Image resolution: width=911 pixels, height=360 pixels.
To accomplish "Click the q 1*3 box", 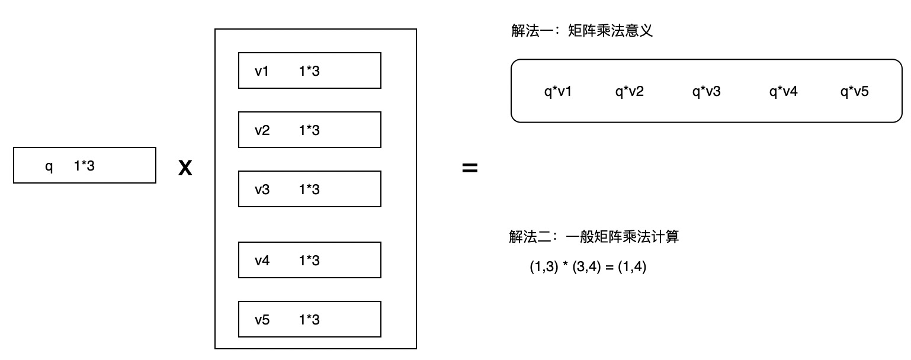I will (85, 166).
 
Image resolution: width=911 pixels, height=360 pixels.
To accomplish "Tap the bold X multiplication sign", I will (185, 169).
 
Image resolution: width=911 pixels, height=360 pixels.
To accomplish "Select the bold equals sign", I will (469, 169).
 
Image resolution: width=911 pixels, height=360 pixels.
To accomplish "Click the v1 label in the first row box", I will (262, 71).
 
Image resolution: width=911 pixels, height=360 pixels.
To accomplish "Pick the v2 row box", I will (309, 130).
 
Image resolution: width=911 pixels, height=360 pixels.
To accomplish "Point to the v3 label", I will (262, 189).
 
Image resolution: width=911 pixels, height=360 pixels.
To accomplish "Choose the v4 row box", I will (309, 260).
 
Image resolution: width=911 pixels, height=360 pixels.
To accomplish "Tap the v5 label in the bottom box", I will (262, 320).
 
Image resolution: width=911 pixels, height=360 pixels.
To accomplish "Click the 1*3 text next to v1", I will (309, 71).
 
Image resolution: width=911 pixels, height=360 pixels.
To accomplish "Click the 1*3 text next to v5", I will (309, 320).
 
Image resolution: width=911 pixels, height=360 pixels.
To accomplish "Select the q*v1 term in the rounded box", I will (558, 92).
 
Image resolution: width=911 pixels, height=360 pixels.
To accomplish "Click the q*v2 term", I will (629, 92).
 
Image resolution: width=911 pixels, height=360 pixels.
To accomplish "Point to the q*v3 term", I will (706, 92).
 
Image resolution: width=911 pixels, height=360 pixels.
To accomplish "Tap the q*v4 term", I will (783, 92).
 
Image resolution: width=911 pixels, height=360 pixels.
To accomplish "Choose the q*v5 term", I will (854, 92).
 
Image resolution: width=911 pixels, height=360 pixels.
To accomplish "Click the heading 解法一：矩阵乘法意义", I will (582, 31).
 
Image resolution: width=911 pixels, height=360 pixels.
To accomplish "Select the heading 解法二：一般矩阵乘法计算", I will (594, 237).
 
